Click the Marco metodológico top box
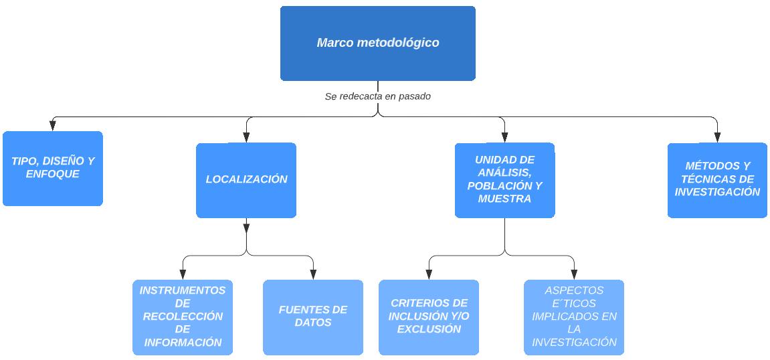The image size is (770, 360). click(x=377, y=43)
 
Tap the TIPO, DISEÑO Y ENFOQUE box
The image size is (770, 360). click(x=53, y=168)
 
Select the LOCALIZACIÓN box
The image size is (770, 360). click(x=246, y=179)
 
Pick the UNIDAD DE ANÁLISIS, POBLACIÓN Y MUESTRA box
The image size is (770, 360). click(x=504, y=179)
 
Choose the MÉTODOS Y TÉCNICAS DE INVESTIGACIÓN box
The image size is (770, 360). click(x=717, y=179)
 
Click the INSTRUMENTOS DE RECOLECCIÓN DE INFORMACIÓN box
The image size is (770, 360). click(x=183, y=317)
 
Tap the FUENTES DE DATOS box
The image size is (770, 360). click(x=313, y=317)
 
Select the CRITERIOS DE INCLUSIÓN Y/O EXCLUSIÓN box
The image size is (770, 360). click(x=429, y=317)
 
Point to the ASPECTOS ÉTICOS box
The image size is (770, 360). click(x=574, y=317)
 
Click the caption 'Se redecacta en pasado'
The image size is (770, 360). click(x=377, y=96)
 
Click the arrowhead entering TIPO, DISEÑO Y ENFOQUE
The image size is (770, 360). click(x=53, y=126)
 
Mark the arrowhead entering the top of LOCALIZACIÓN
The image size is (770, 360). click(x=246, y=138)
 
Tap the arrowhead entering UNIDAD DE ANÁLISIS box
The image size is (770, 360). click(x=504, y=138)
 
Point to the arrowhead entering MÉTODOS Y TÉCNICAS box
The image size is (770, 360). click(x=717, y=138)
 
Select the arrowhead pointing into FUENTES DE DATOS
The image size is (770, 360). click(x=313, y=274)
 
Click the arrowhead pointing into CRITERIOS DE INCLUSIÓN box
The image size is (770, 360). click(x=429, y=274)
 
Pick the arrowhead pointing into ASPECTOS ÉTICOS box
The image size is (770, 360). click(x=574, y=274)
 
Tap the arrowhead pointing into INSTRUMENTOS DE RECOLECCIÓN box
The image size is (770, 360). click(x=183, y=274)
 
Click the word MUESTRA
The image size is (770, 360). click(x=504, y=199)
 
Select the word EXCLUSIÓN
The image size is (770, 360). click(x=429, y=329)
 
